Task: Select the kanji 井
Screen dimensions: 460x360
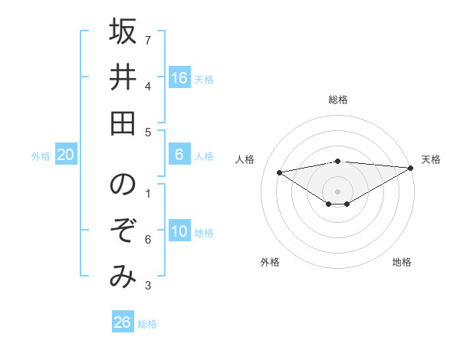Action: point(123,77)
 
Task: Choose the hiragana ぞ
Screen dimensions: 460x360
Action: point(123,231)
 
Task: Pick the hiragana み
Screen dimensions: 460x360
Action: point(123,275)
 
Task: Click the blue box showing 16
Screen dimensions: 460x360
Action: point(179,77)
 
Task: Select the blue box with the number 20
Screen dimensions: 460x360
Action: point(65,155)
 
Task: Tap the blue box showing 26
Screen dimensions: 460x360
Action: point(123,322)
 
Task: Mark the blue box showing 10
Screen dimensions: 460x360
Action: point(179,231)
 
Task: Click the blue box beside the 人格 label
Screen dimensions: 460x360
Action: point(179,155)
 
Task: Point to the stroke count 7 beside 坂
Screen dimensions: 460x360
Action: point(148,40)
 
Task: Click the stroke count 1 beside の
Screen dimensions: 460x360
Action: point(148,193)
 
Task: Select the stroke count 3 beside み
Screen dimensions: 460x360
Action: point(148,286)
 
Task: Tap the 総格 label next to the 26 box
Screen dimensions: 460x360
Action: point(147,324)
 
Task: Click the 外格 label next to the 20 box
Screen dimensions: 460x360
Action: point(41,156)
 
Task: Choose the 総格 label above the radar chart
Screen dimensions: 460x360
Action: point(338,100)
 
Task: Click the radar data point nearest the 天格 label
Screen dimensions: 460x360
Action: point(412,169)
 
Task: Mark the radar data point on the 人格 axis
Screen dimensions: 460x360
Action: point(279,172)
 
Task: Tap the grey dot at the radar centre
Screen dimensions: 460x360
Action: point(338,190)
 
